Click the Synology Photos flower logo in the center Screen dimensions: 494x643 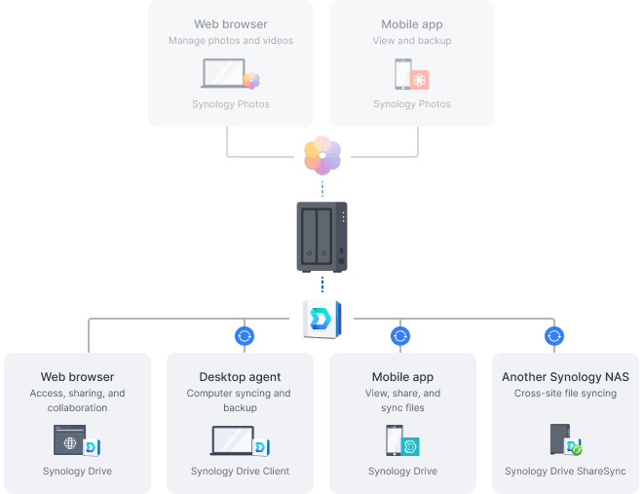coord(321,156)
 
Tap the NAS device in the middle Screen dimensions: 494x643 coord(321,236)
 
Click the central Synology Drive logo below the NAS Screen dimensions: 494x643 coord(321,318)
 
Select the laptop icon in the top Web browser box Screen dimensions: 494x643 coord(223,74)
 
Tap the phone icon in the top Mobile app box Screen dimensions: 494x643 coord(403,74)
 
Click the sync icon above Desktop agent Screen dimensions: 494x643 coord(245,336)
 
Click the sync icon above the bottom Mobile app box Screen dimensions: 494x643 coord(400,336)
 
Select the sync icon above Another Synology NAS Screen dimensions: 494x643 coord(555,336)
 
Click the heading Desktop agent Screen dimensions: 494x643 coord(240,377)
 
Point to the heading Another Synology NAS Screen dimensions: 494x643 coord(565,377)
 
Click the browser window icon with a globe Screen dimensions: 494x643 coord(69,441)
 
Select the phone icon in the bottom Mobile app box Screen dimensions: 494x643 coord(396,441)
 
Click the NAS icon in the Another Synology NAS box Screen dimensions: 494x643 coord(560,439)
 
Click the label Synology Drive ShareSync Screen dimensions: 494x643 coord(565,472)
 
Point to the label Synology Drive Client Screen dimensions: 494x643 coord(240,472)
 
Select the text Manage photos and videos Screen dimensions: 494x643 coord(231,41)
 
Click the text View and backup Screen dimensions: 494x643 coord(411,41)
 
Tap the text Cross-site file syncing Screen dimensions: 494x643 coord(565,394)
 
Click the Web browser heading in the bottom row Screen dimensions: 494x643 coord(77,377)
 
